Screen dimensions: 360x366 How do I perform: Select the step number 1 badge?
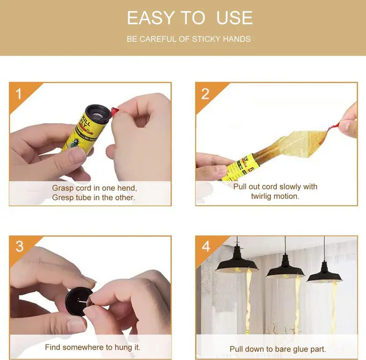19,94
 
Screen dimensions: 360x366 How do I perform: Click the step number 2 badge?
205,94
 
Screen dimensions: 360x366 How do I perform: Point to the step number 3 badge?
19,246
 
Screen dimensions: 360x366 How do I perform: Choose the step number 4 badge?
206,246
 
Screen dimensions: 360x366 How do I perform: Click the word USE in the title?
234,18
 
